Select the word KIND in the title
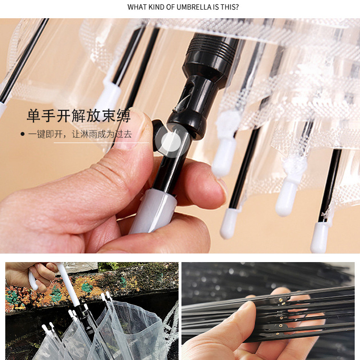156,7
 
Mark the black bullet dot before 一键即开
23,134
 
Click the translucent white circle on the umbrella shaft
171,142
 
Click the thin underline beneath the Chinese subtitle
101,143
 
